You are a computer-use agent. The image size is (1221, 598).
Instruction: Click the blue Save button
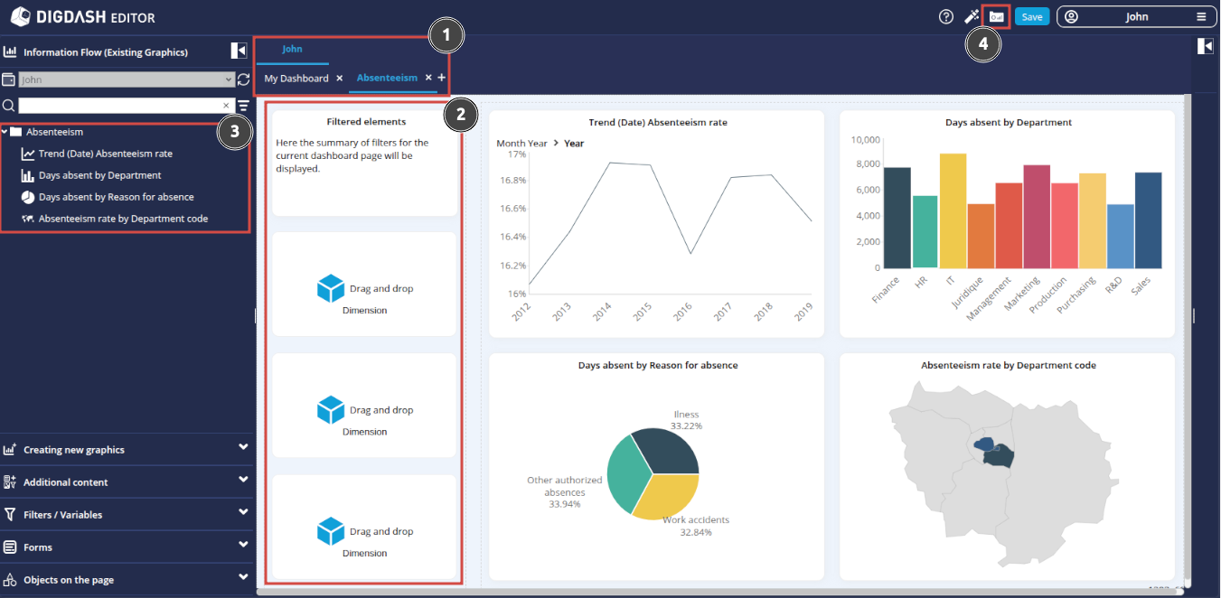point(1031,17)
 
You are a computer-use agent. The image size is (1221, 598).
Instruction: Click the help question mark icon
point(946,17)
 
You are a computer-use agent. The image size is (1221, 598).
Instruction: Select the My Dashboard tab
point(296,79)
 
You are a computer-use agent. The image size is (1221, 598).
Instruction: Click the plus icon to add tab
point(442,79)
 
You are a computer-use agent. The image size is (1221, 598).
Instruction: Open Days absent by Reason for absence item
point(116,197)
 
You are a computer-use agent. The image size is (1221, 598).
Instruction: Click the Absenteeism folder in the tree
point(54,132)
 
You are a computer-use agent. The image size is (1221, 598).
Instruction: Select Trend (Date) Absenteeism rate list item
point(105,154)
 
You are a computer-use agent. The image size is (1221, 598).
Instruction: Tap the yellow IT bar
point(953,211)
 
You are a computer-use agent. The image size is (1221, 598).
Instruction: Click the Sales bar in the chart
point(1148,220)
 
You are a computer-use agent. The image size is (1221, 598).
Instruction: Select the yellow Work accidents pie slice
point(665,496)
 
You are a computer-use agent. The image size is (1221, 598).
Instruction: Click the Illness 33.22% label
point(686,420)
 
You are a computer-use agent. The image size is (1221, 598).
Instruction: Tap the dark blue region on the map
point(999,457)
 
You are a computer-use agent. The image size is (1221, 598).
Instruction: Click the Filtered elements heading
point(366,121)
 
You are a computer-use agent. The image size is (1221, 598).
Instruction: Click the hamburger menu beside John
point(1200,17)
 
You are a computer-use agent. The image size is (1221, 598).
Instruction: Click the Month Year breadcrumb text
point(521,144)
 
